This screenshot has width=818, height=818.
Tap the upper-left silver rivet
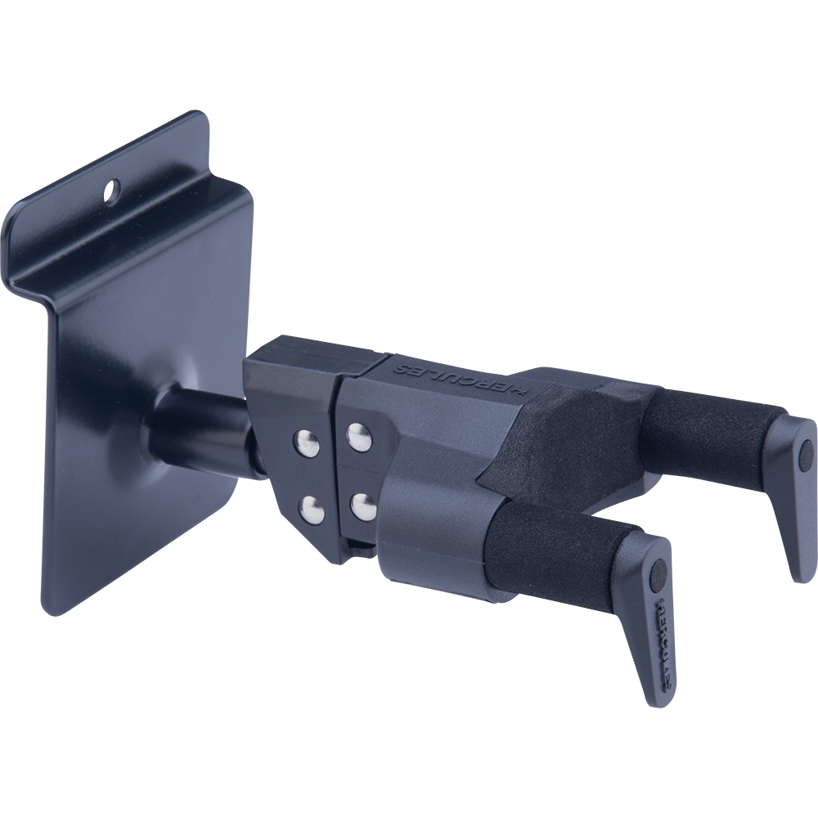[308, 443]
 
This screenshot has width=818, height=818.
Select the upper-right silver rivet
[359, 436]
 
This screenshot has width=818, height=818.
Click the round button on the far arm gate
[805, 449]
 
